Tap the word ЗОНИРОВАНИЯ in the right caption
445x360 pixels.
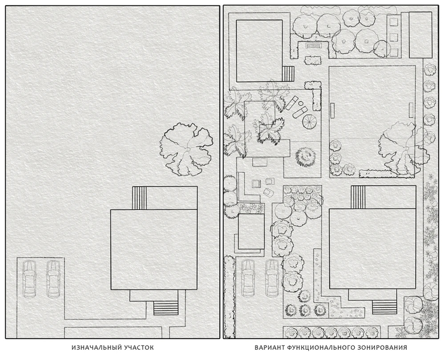click(x=385, y=347)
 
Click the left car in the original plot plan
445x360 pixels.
click(x=29, y=279)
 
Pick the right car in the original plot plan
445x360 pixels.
click(x=53, y=279)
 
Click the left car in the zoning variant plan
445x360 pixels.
click(x=249, y=278)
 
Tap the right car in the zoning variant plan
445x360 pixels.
click(x=272, y=278)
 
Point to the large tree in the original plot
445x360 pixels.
click(x=186, y=149)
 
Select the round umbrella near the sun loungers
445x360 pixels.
click(x=310, y=121)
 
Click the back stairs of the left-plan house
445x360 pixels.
click(x=139, y=198)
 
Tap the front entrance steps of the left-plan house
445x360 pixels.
click(x=166, y=308)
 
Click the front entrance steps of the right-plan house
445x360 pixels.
click(x=385, y=307)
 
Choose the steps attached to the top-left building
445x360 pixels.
click(x=288, y=74)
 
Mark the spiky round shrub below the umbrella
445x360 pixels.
click(x=305, y=156)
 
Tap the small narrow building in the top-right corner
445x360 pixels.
click(x=420, y=35)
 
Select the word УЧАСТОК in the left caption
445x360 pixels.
click(x=140, y=347)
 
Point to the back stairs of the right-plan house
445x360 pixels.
click(x=358, y=197)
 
